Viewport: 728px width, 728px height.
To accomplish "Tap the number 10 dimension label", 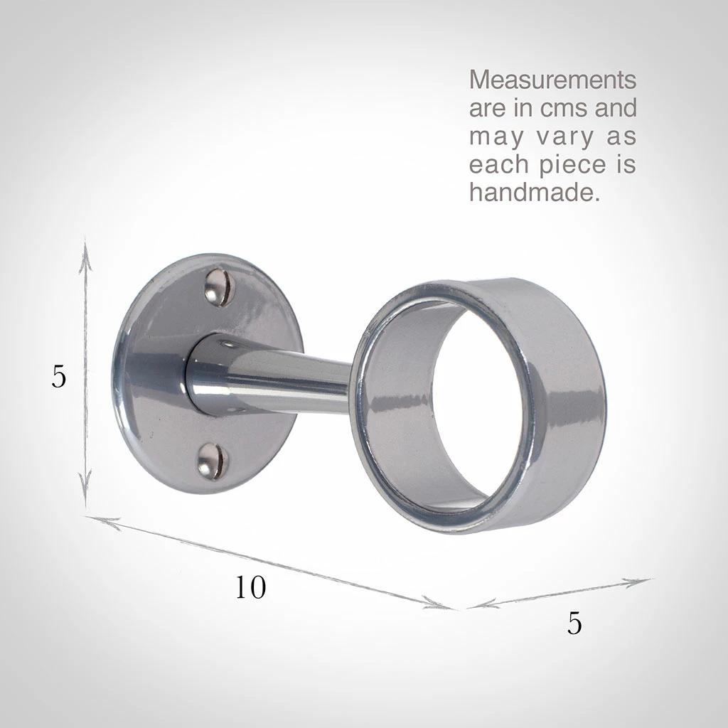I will [x=250, y=587].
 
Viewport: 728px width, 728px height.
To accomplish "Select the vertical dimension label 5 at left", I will [x=58, y=377].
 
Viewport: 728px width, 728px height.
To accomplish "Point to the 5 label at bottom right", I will [x=574, y=623].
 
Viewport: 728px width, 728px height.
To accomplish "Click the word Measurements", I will [x=552, y=80].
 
